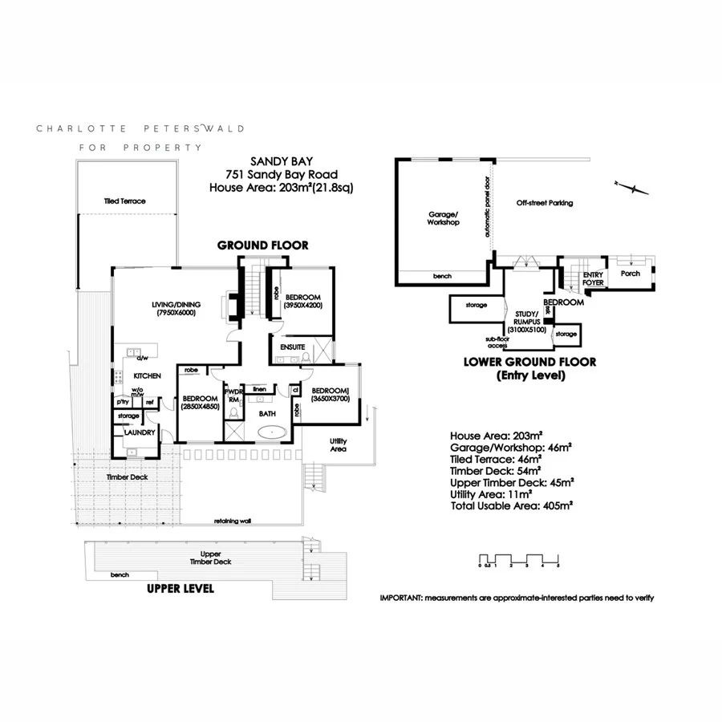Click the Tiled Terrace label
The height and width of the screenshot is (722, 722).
coord(124,201)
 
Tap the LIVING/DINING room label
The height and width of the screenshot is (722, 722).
coord(176,304)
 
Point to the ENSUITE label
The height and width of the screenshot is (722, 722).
coord(292,347)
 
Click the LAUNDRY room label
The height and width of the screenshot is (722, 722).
coord(139,432)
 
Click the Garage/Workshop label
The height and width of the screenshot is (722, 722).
coord(443,218)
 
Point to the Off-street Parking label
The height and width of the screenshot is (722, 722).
coord(545,203)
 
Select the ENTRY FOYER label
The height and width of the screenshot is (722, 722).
coord(593,278)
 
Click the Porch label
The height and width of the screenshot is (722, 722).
coord(631,273)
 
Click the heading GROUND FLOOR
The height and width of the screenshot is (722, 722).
coord(262,245)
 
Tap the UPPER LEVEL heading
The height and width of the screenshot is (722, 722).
coord(180,588)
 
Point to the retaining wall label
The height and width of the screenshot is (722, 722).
coord(233,521)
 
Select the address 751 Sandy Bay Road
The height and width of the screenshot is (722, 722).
coord(282,175)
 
